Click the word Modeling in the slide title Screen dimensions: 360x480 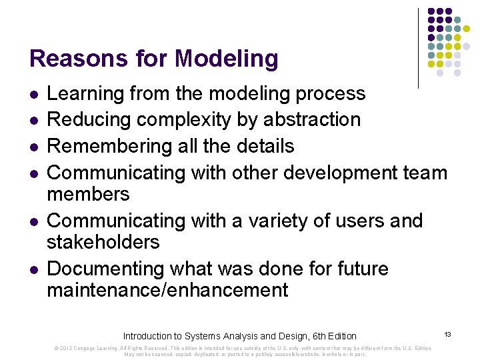226,59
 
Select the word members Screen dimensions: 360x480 88,194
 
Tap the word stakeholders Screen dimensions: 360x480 103,241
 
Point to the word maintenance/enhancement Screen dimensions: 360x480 167,290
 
